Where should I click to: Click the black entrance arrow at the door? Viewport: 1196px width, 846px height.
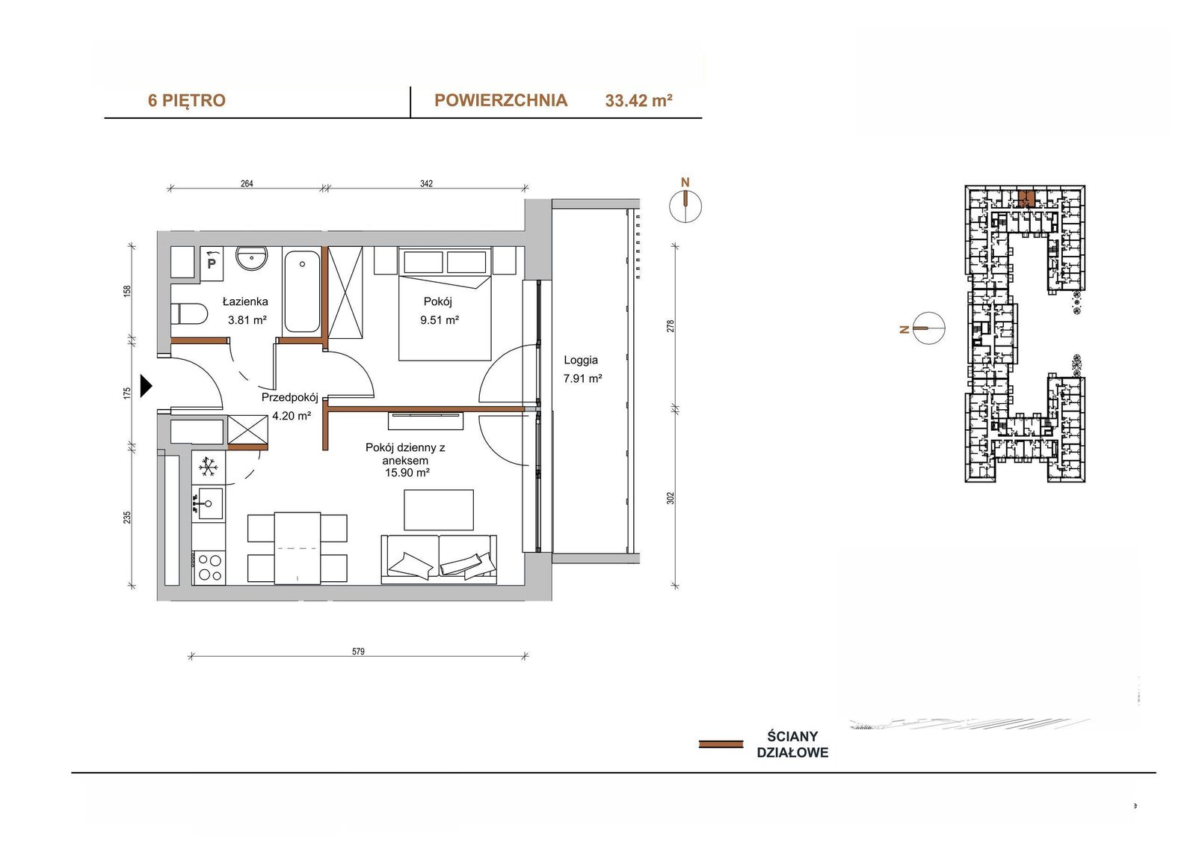(x=146, y=386)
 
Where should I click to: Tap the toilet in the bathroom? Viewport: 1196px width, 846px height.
(x=189, y=313)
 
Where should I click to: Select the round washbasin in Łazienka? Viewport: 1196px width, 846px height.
(x=251, y=259)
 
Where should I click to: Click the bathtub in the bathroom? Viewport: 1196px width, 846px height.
(x=302, y=291)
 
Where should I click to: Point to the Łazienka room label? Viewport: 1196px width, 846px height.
(x=245, y=301)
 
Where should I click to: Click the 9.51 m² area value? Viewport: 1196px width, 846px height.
(x=440, y=320)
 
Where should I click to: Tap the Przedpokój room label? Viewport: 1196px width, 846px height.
(x=290, y=398)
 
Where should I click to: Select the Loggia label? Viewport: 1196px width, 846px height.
(x=581, y=361)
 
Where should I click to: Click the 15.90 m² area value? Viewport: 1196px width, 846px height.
(x=407, y=473)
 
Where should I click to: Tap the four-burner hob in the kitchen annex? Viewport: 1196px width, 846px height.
(x=209, y=568)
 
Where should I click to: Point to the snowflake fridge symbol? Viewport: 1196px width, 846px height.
(x=209, y=467)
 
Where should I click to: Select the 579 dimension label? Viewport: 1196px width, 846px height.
(x=358, y=652)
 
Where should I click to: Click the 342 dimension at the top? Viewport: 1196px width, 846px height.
(x=426, y=184)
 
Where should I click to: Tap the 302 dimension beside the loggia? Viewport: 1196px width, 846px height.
(x=671, y=498)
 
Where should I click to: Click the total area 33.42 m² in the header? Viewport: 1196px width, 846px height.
(x=638, y=100)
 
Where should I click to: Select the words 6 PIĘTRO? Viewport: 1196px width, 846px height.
(x=187, y=100)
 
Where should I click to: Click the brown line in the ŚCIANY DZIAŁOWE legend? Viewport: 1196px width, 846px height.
(x=721, y=744)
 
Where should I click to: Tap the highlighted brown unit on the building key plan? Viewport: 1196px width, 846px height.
(x=1026, y=199)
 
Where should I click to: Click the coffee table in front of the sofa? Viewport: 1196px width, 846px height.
(x=439, y=510)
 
